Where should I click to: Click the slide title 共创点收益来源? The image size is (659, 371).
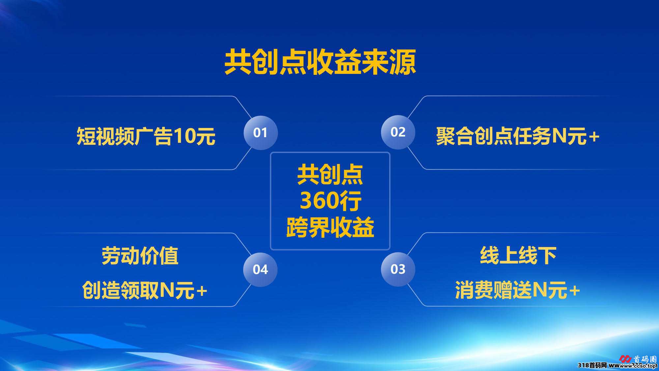click(320, 62)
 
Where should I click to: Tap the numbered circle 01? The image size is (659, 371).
click(261, 133)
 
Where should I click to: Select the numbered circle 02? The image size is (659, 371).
click(398, 132)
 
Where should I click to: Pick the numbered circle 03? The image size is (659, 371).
click(398, 269)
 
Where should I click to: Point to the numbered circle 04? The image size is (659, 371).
click(260, 269)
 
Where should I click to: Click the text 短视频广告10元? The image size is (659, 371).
click(146, 136)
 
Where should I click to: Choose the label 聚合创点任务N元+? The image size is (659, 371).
click(518, 136)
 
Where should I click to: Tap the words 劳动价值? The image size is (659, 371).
click(140, 256)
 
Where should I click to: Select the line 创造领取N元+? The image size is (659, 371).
click(145, 290)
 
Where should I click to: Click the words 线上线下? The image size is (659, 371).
click(518, 255)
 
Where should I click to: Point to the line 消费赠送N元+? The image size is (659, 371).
click(517, 290)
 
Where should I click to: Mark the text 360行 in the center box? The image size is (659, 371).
click(330, 201)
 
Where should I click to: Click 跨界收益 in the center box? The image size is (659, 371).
click(330, 227)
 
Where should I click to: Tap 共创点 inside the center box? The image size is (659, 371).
click(330, 175)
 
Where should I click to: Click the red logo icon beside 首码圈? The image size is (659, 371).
click(625, 359)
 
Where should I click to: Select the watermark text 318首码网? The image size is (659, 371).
click(592, 365)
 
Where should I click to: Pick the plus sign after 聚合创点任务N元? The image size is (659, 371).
click(594, 137)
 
